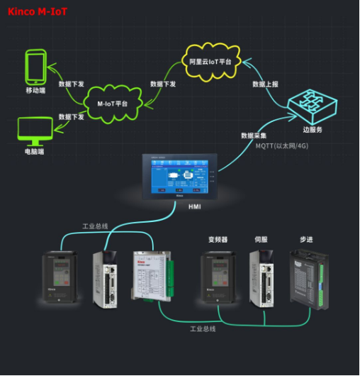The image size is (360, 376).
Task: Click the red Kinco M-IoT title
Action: (x=38, y=11)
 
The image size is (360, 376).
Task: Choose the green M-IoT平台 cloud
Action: (x=112, y=104)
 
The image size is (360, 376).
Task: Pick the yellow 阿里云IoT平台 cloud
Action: (x=210, y=62)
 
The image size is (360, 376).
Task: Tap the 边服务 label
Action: (x=313, y=130)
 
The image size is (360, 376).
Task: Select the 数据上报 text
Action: (x=265, y=84)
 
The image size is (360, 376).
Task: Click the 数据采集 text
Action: (x=254, y=135)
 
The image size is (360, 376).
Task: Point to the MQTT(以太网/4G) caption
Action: (x=281, y=146)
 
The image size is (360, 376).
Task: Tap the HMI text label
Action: (x=194, y=206)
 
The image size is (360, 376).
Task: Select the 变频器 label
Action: (x=217, y=239)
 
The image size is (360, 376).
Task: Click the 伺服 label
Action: (x=261, y=239)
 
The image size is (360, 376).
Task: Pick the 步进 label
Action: (x=307, y=239)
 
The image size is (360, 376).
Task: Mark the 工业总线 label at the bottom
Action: (x=202, y=328)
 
